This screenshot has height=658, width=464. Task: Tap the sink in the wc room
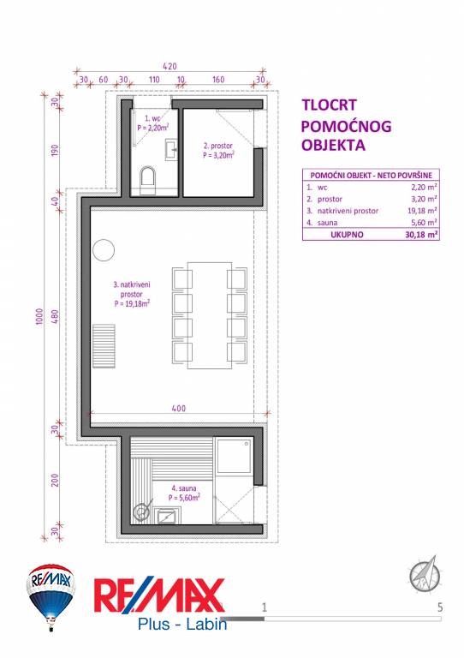point(171,149)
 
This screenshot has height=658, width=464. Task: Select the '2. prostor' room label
point(218,150)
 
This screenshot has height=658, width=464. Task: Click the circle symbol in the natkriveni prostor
point(103,250)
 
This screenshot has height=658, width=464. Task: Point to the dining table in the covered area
point(210,315)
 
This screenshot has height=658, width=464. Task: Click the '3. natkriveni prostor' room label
point(132,294)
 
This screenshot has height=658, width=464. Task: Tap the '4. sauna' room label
point(184,493)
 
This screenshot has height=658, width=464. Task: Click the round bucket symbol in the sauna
point(141,511)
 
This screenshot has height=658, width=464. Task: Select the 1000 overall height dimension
point(40,317)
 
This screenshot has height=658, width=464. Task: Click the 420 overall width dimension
point(170,66)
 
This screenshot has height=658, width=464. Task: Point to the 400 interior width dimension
point(179,409)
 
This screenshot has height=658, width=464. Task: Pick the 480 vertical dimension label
point(55,316)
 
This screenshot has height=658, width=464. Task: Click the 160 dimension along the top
point(218,80)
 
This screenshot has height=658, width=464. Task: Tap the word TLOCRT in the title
point(329,105)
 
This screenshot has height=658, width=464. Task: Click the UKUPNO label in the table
point(347,235)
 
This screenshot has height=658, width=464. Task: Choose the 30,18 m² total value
point(422,235)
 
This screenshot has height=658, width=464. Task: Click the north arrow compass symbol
point(425,574)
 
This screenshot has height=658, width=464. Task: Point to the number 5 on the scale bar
point(440,607)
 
